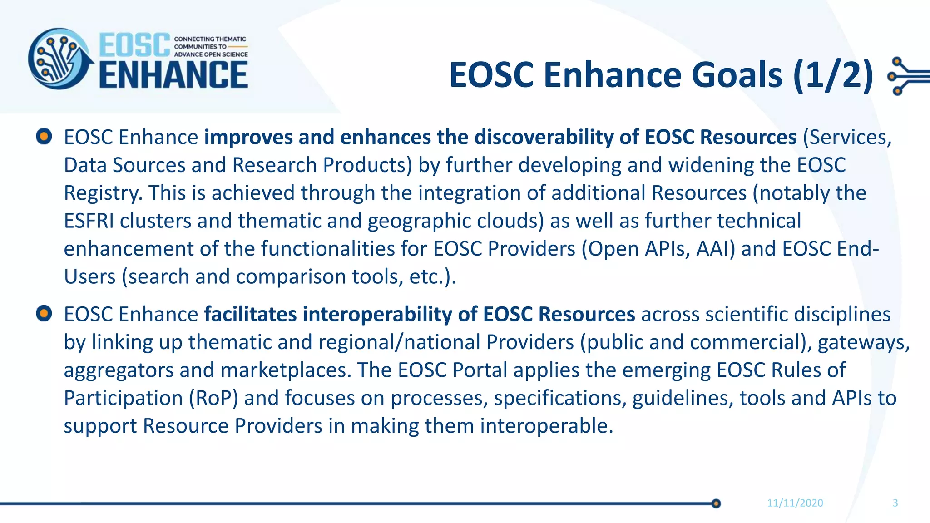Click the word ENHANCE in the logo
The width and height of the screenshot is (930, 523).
click(173, 75)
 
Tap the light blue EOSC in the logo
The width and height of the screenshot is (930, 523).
click(134, 45)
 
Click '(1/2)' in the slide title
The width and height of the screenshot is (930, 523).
click(833, 75)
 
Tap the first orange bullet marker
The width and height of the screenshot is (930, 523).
click(44, 136)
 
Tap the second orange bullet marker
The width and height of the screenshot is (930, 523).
click(44, 313)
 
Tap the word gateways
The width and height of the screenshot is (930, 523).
click(863, 342)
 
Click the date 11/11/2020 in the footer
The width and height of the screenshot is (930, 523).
click(795, 503)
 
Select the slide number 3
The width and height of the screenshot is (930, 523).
click(895, 503)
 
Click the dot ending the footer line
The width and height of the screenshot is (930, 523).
click(716, 503)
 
